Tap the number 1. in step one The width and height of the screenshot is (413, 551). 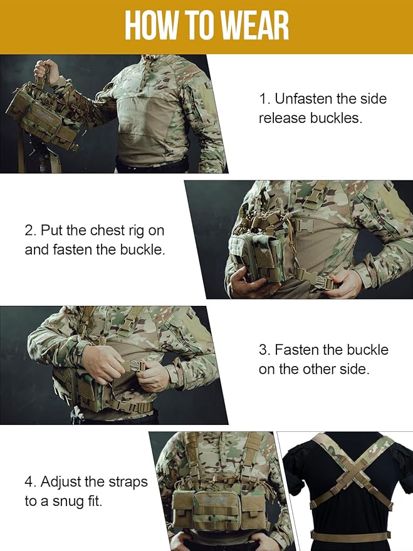[264, 99]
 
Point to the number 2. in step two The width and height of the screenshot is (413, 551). [31, 231]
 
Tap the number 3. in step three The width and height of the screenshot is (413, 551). [265, 350]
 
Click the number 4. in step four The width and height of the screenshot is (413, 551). [31, 482]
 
